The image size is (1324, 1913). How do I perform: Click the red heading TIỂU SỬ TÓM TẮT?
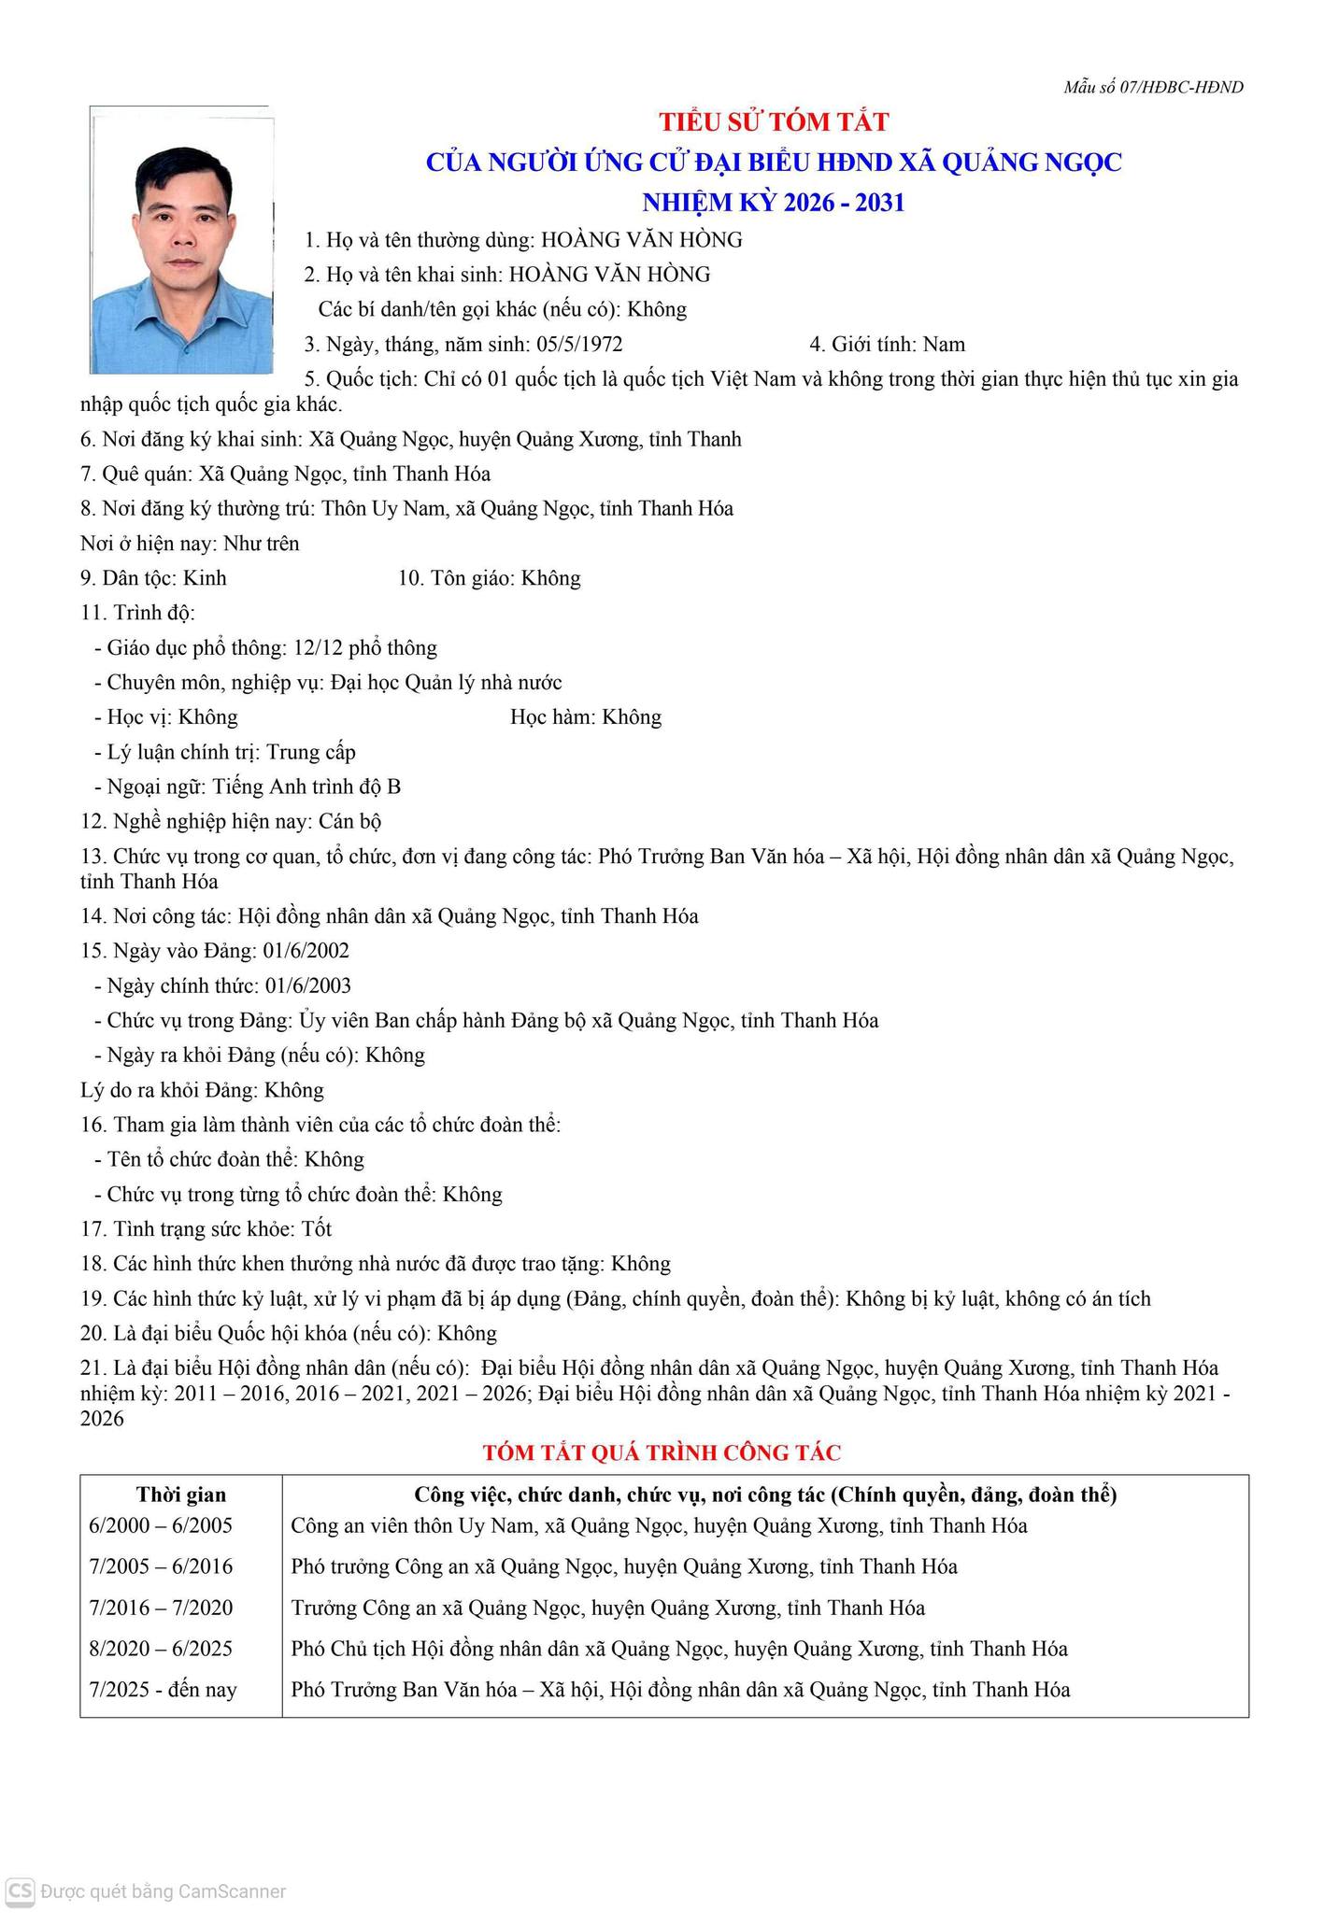tap(774, 121)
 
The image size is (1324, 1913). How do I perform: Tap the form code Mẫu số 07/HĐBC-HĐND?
tap(1153, 87)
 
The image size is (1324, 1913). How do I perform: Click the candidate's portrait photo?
tap(181, 240)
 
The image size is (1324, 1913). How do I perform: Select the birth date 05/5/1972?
tap(579, 344)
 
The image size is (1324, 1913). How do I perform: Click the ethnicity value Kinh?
tap(205, 578)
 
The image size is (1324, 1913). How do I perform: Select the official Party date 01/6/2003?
tap(308, 985)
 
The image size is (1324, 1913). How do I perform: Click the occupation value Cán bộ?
tap(349, 822)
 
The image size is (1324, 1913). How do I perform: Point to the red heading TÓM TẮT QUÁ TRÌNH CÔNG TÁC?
tap(662, 1452)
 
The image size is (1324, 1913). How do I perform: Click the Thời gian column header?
tap(181, 1495)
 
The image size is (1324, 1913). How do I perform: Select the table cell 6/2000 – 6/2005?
tap(161, 1526)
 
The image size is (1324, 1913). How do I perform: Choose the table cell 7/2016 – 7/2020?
tap(161, 1608)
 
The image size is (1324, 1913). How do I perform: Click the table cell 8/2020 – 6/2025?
tap(161, 1649)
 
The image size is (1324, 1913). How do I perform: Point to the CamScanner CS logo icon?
tap(20, 1891)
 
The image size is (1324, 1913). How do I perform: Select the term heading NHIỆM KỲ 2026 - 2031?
tap(774, 203)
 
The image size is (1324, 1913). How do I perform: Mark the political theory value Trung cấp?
tap(311, 752)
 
